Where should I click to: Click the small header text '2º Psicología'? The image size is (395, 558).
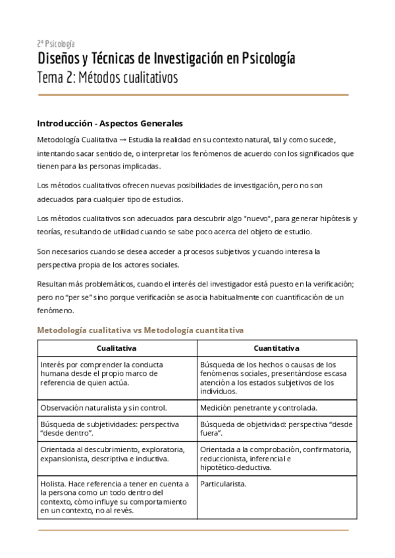[x=56, y=43]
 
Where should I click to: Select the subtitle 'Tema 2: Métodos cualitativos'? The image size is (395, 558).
[x=107, y=78]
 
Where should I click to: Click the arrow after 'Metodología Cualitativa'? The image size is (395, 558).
[x=122, y=139]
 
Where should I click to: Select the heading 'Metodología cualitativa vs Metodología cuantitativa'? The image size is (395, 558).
[x=141, y=329]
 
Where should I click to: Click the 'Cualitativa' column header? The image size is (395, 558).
[x=117, y=348]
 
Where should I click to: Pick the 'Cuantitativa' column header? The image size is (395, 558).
[x=276, y=348]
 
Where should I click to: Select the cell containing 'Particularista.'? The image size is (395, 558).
[x=223, y=484]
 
